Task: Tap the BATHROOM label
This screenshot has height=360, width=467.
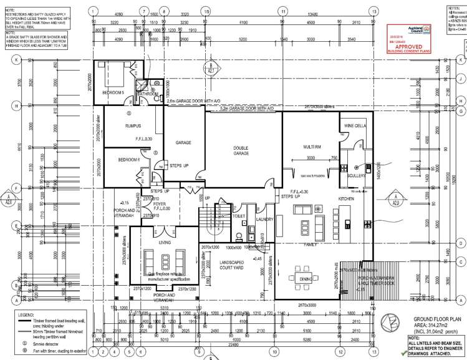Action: click(148, 94)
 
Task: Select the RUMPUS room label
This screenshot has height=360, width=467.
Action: click(132, 126)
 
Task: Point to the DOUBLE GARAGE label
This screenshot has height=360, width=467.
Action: click(241, 151)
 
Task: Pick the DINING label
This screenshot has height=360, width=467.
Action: click(306, 279)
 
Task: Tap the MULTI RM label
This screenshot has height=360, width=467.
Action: click(312, 146)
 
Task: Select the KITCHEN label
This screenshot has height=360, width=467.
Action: click(346, 198)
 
